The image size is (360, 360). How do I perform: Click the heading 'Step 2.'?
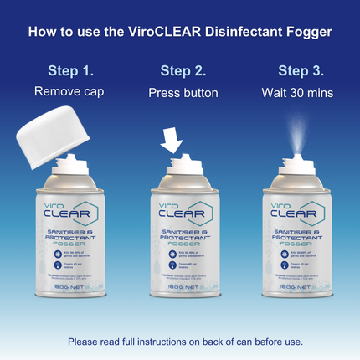[183, 70]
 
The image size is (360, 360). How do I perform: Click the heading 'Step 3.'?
[300, 70]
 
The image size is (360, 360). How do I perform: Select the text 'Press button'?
[183, 92]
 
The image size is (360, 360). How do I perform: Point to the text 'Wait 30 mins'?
[300, 92]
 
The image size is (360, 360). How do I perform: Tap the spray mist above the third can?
[300, 134]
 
